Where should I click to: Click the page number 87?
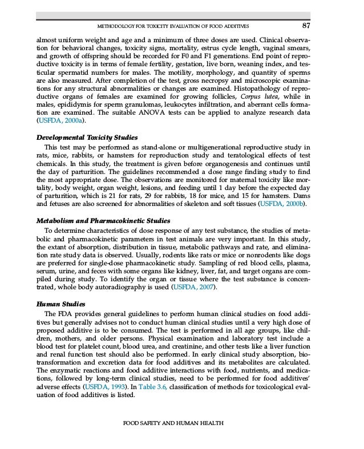306,26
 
